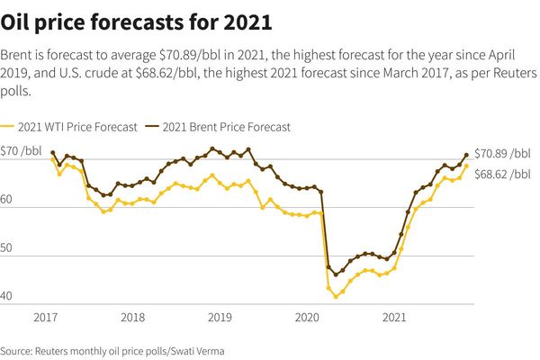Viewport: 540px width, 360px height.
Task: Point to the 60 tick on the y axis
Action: (9, 205)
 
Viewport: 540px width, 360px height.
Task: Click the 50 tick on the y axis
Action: (9, 256)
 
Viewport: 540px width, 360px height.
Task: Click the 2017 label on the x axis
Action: (46, 318)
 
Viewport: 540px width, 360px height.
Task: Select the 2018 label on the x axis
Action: (132, 318)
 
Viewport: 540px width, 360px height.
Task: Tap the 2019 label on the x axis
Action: (220, 318)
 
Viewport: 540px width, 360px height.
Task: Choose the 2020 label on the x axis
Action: (308, 318)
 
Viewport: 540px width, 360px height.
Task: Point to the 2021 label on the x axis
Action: (394, 318)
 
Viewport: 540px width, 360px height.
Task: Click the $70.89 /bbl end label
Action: (502, 153)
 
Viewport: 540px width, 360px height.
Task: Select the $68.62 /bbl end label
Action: (502, 174)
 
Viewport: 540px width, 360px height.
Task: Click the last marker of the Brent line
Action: (466, 155)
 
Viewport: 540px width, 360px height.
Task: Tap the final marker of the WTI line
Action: (466, 166)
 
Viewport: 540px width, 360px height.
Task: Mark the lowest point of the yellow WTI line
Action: (336, 296)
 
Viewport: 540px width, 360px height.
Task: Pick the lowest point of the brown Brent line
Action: (336, 274)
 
